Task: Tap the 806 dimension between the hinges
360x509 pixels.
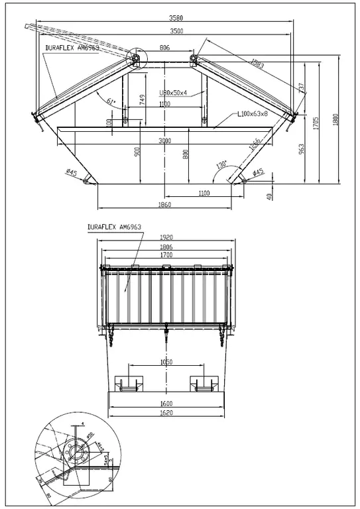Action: [165, 48]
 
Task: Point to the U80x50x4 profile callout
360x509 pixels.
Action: [174, 93]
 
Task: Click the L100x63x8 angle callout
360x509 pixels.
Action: [253, 114]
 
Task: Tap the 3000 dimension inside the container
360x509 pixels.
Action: [165, 141]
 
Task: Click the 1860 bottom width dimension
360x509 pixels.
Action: [165, 205]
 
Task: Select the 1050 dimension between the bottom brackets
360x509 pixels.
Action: [166, 363]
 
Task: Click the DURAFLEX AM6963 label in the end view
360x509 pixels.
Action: [113, 227]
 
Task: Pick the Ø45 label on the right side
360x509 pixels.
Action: [259, 172]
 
